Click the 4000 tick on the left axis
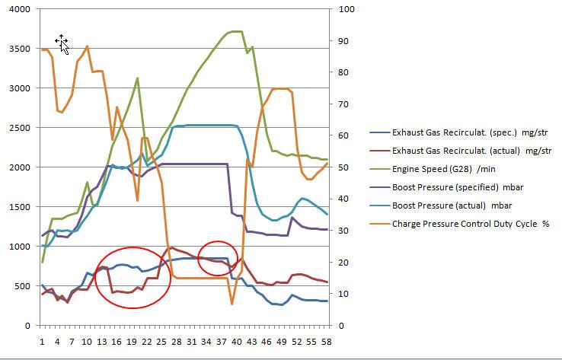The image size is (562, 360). [x=18, y=9]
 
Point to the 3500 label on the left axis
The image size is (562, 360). [x=18, y=49]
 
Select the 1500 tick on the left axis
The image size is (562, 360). [x=18, y=207]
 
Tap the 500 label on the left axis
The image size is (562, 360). [x=20, y=286]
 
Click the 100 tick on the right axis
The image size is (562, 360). [x=346, y=9]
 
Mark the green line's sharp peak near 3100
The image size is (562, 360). [x=137, y=78]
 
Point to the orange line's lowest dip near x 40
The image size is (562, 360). [x=232, y=304]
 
